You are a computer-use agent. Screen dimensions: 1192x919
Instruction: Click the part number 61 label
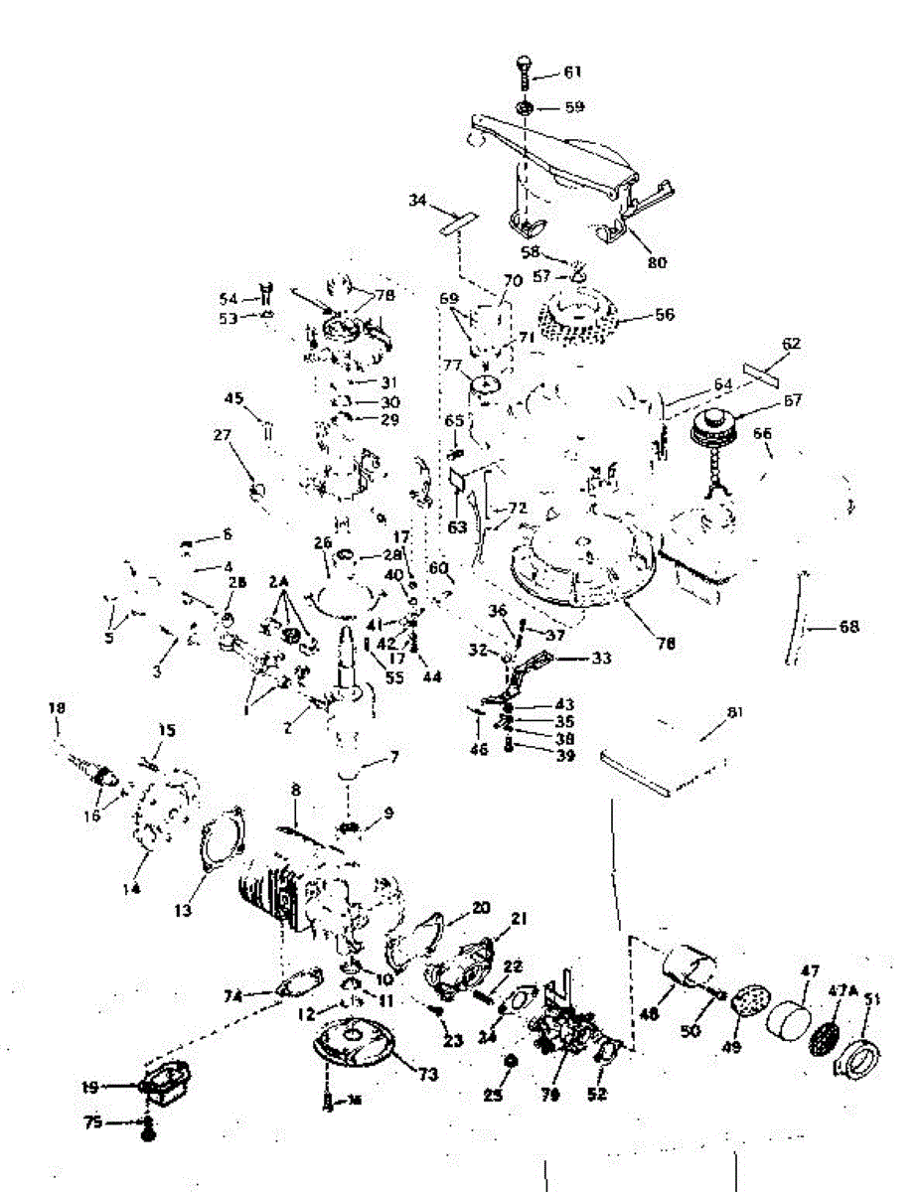pos(573,73)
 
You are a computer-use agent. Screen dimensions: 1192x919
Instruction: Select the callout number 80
pos(657,263)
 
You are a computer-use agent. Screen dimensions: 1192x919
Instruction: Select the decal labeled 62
pos(764,372)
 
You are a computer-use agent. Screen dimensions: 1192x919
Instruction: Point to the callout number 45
pos(233,398)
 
